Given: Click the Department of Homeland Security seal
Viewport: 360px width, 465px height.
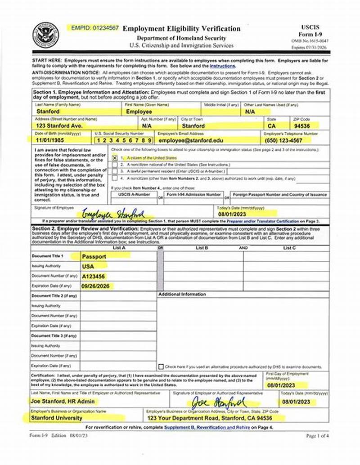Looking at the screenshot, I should pos(45,36).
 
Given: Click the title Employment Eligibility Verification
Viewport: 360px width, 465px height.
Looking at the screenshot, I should pos(181,29).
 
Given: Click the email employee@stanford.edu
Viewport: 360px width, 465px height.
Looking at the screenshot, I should pos(191,140).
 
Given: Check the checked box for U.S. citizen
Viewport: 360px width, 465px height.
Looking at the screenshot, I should pos(115,158).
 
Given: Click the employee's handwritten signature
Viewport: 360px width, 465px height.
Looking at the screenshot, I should pos(113,213).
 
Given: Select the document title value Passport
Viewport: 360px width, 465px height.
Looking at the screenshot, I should pos(94,256).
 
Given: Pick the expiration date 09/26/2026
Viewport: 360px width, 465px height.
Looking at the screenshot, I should pos(95,286).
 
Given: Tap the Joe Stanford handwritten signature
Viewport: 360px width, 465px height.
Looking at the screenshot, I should pos(218,402).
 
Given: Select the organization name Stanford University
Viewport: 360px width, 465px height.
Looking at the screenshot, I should pos(57,418).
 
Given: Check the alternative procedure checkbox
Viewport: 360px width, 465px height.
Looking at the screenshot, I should pos(161,367).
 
